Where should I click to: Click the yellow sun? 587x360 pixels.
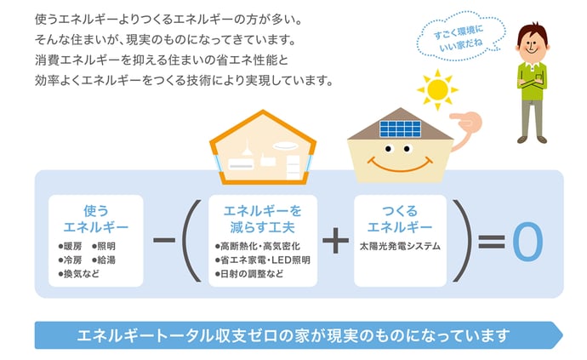tap(437, 90)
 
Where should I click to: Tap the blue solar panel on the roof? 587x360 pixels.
tap(400, 129)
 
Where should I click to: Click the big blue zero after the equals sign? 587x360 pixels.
tap(527, 241)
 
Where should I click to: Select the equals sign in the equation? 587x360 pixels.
tap(492, 242)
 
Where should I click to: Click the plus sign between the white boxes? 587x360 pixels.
tap(335, 241)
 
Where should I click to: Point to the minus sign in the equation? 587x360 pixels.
tap(164, 240)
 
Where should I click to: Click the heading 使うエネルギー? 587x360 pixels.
tap(96, 219)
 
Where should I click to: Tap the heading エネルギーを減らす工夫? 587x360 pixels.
tap(262, 219)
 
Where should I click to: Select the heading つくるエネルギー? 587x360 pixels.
tap(400, 219)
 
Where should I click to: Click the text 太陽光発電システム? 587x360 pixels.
tap(400, 246)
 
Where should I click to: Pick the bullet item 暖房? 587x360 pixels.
tap(70, 246)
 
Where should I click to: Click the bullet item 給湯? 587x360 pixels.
tap(104, 260)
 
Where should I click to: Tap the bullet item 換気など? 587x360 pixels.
tap(79, 274)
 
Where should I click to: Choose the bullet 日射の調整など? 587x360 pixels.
tap(249, 274)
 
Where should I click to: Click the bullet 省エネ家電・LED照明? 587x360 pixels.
tap(262, 260)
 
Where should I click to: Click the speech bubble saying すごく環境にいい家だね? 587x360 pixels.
tap(461, 37)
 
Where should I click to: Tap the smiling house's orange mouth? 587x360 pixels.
tap(400, 165)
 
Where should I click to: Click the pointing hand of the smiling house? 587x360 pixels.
tap(465, 122)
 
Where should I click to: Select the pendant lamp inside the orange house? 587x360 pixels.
tap(247, 147)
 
